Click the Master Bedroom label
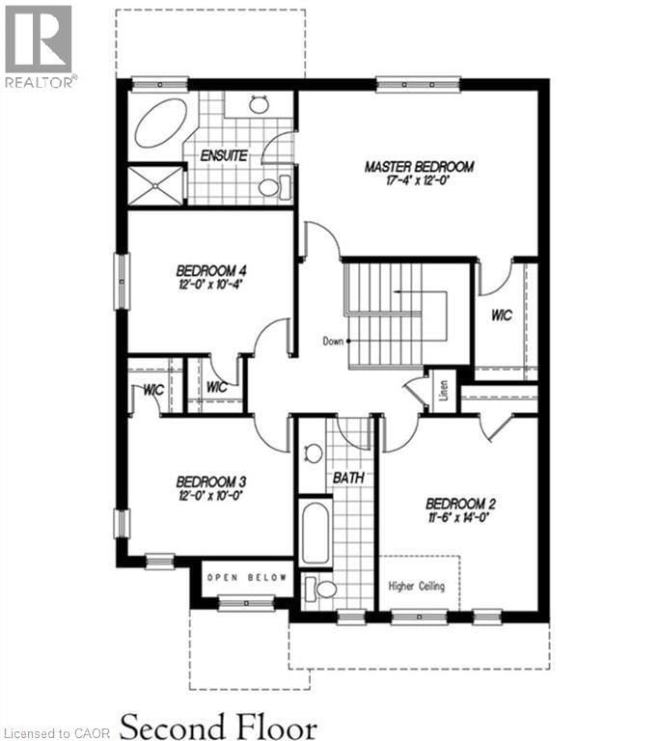coord(419,167)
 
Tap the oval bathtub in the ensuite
coord(157,123)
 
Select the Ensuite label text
coord(224,155)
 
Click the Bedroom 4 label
coord(211,270)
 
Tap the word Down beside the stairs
coord(334,342)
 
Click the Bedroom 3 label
coord(211,481)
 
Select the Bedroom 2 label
coord(460,504)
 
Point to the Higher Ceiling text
coord(417,586)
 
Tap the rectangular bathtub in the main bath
coord(316,533)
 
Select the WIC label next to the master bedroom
coord(502,315)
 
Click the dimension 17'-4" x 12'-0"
coord(419,181)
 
